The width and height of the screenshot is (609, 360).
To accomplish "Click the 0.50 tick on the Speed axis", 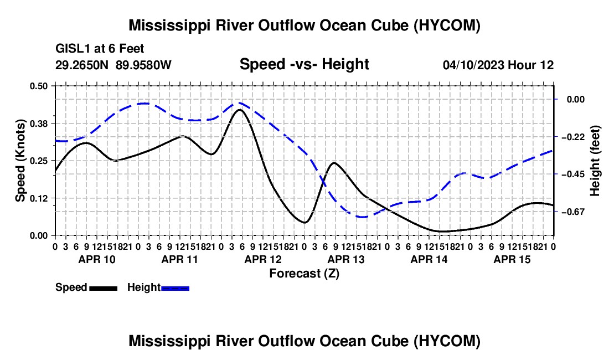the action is point(38,86).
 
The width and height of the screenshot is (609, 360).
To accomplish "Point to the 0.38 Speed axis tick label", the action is point(38,124).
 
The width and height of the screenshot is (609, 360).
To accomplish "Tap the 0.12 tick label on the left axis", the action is point(38,198).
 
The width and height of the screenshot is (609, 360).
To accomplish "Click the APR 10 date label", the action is point(97,259).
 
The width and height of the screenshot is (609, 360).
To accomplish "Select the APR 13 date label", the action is point(346,259).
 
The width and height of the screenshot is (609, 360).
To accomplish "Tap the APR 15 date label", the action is point(512,259).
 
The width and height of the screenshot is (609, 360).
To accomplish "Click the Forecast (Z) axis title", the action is point(304,274).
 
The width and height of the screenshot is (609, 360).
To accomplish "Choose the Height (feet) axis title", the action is point(595,161).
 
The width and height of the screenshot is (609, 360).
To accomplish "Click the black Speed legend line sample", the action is point(104,288).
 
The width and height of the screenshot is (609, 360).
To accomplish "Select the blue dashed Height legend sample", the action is point(175,288).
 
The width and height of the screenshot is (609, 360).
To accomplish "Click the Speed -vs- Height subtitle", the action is point(304,64).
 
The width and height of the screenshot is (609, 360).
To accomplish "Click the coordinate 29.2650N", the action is point(82,65).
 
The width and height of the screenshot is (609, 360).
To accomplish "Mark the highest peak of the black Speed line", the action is point(240,110).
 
